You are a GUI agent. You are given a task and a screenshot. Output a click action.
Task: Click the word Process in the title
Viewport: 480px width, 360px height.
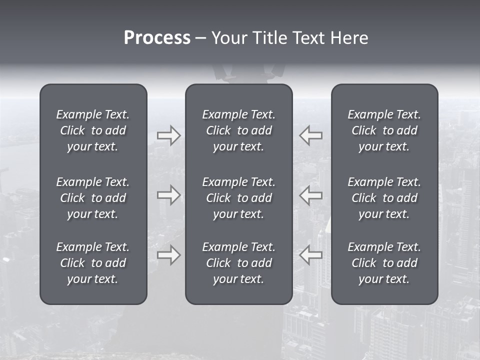(x=157, y=38)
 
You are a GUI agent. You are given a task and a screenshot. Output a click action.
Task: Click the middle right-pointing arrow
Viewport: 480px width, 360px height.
(x=168, y=195)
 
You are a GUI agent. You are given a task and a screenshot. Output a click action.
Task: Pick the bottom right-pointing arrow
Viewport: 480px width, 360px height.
(x=168, y=255)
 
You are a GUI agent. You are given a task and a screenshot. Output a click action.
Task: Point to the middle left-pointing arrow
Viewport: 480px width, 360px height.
(x=311, y=195)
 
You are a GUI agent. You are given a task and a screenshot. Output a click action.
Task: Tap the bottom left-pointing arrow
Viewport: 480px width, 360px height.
(x=311, y=255)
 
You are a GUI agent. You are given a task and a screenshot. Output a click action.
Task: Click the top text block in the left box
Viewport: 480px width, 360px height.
(x=93, y=130)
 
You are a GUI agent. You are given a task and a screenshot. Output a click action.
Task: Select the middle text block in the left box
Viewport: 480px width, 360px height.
(x=93, y=198)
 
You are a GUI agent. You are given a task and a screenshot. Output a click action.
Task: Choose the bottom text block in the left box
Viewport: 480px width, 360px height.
(x=93, y=263)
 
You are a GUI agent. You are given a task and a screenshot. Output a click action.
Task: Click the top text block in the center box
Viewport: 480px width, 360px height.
(x=238, y=130)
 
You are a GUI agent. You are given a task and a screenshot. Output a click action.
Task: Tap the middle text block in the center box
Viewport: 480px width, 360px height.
(x=238, y=198)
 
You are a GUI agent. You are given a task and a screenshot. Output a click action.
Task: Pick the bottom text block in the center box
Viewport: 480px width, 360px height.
(x=238, y=263)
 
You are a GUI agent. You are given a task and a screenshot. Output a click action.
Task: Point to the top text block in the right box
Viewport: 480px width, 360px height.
(x=384, y=130)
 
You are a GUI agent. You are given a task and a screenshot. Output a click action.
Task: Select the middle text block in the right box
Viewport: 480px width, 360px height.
(x=384, y=198)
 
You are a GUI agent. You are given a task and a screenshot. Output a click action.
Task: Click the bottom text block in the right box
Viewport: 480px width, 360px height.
(x=384, y=263)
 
